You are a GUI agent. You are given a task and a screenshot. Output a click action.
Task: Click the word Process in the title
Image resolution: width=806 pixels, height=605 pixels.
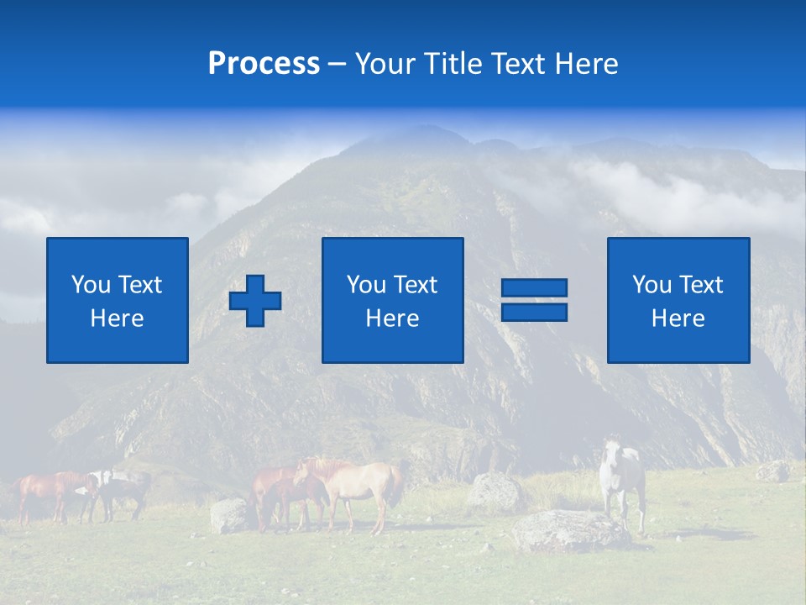[x=264, y=64]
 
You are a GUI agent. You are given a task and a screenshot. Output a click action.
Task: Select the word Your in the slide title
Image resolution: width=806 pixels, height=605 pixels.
[x=385, y=64]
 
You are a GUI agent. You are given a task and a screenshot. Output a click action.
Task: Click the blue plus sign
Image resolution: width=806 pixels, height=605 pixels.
[x=255, y=301]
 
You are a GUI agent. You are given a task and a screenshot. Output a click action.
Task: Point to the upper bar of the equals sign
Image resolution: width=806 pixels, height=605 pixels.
[x=534, y=288]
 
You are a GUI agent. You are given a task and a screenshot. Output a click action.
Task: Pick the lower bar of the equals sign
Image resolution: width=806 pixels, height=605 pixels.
[x=534, y=312]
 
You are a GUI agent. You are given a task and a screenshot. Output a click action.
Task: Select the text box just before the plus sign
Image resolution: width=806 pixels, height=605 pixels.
[x=117, y=300]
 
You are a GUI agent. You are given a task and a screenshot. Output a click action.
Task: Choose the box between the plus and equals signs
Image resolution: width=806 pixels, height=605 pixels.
[x=392, y=300]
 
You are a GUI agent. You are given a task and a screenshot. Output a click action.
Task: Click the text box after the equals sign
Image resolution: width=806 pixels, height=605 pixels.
[x=678, y=300]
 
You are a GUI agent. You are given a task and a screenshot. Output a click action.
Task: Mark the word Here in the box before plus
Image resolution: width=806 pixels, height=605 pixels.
[x=117, y=318]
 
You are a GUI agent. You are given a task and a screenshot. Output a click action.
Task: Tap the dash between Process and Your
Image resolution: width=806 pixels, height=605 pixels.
[x=338, y=64]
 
